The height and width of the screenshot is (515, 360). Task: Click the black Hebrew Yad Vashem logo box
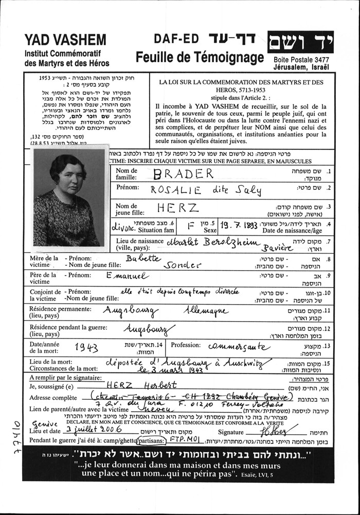300,44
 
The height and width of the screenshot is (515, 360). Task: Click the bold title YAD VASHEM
65,41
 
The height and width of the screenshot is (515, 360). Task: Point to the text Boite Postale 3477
301,60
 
